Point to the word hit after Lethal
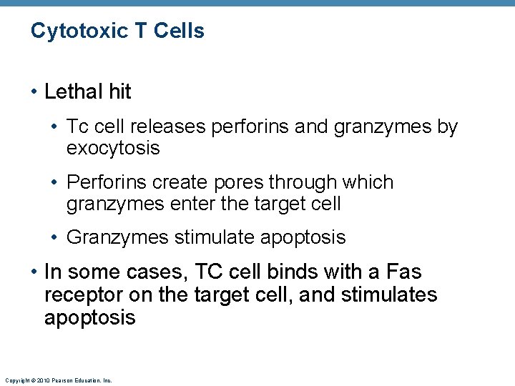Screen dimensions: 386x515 point(120,91)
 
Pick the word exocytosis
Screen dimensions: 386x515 point(113,148)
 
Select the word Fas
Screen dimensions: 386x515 point(403,272)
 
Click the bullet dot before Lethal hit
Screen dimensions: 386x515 point(35,92)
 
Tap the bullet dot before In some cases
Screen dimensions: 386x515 point(35,273)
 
